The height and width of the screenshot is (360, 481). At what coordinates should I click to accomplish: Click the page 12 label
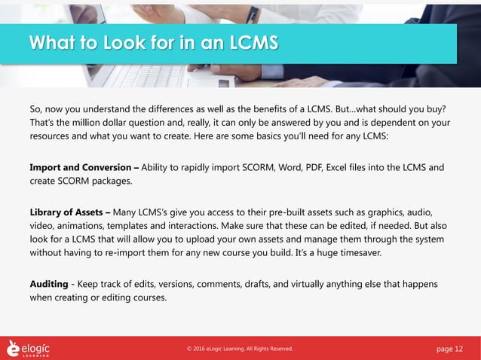tap(452, 348)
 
